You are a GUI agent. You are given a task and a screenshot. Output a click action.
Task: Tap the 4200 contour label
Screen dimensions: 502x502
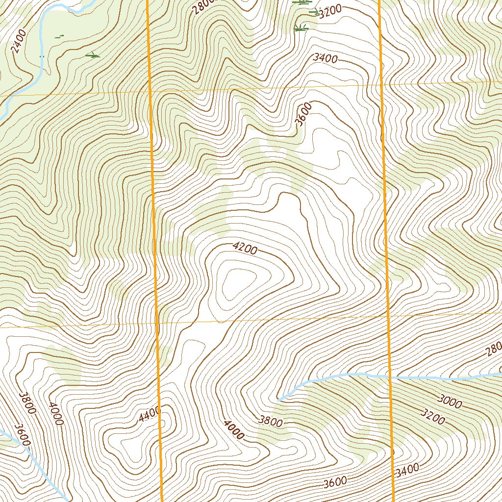click(245, 249)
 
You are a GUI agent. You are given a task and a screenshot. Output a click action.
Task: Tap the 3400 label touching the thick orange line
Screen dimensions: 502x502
click(406, 471)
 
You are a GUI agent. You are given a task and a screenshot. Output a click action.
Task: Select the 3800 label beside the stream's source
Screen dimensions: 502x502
click(271, 421)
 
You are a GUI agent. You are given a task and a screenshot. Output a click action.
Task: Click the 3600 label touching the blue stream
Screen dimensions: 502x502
click(23, 435)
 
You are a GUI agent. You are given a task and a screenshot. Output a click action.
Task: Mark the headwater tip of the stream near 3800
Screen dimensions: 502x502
click(278, 400)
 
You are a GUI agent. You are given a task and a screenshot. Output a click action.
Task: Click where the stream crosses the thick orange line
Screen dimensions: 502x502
click(390, 377)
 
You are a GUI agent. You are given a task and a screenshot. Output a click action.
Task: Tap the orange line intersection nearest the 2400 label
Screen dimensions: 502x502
click(150, 92)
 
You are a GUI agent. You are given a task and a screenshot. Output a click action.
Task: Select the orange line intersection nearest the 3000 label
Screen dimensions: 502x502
click(387, 316)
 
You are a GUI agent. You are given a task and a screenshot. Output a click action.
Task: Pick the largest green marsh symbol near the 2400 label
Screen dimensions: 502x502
click(92, 56)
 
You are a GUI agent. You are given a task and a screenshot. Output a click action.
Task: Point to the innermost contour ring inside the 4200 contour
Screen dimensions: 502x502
click(238, 283)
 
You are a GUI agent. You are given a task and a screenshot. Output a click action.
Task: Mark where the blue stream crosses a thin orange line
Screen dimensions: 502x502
click(10, 94)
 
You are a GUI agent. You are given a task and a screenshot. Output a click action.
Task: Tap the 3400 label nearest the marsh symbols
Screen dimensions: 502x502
click(325, 58)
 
